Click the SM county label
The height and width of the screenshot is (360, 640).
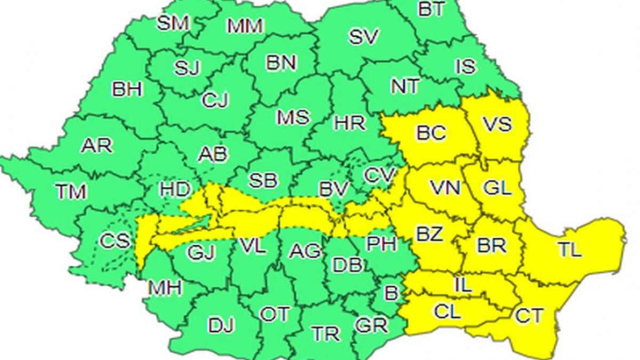click(x=173, y=23)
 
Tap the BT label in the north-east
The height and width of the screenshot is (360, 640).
click(x=431, y=9)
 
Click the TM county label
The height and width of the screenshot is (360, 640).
click(x=71, y=191)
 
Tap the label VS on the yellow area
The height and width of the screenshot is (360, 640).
click(x=497, y=124)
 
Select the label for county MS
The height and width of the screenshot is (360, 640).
click(x=293, y=117)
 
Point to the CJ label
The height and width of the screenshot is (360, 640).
click(x=215, y=100)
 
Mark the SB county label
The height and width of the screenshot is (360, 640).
click(x=263, y=180)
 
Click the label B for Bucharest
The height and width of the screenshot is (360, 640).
click(x=391, y=292)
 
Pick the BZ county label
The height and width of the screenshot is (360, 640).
click(x=429, y=234)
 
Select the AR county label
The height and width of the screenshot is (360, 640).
click(x=97, y=146)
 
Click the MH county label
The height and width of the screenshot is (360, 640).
click(x=165, y=287)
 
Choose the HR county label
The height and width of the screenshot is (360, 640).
click(x=350, y=123)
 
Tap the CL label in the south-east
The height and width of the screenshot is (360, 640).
click(x=447, y=311)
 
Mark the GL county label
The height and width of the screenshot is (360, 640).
click(x=497, y=187)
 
